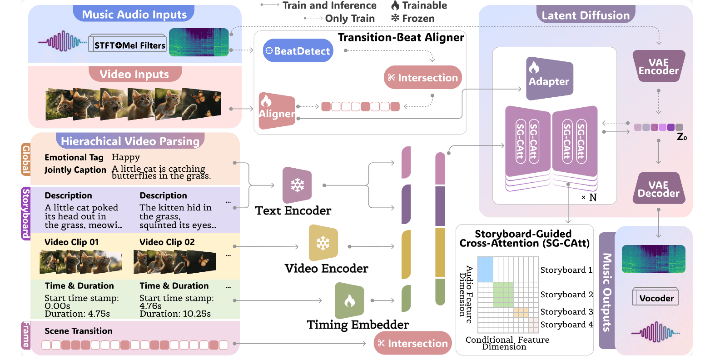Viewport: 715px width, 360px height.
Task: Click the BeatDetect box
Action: pyautogui.click(x=298, y=51)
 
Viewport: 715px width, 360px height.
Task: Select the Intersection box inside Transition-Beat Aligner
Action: pyautogui.click(x=423, y=78)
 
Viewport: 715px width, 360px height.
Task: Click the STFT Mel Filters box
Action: pyautogui.click(x=129, y=45)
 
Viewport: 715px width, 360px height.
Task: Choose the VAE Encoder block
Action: pyautogui.click(x=658, y=66)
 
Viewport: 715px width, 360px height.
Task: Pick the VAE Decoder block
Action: pyautogui.click(x=658, y=189)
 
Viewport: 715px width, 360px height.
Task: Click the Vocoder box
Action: pyautogui.click(x=655, y=298)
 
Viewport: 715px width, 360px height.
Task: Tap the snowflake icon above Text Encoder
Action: pyautogui.click(x=298, y=185)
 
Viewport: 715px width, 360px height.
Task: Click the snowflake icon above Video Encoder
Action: pyautogui.click(x=323, y=243)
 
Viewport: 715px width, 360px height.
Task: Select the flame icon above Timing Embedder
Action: pyautogui.click(x=349, y=300)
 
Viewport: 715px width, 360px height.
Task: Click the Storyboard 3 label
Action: pyautogui.click(x=566, y=312)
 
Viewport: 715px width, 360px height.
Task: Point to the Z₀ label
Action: pyautogui.click(x=681, y=137)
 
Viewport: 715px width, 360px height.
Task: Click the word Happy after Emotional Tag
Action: pyautogui.click(x=126, y=157)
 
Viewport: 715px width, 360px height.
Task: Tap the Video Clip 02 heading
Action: pyautogui.click(x=167, y=242)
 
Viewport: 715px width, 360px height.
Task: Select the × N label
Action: pyautogui.click(x=589, y=197)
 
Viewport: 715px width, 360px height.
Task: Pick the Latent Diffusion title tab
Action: pyautogui.click(x=585, y=15)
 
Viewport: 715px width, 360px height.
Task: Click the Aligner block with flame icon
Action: pyautogui.click(x=277, y=110)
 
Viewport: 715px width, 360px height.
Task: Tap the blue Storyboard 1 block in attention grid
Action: pyautogui.click(x=486, y=269)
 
